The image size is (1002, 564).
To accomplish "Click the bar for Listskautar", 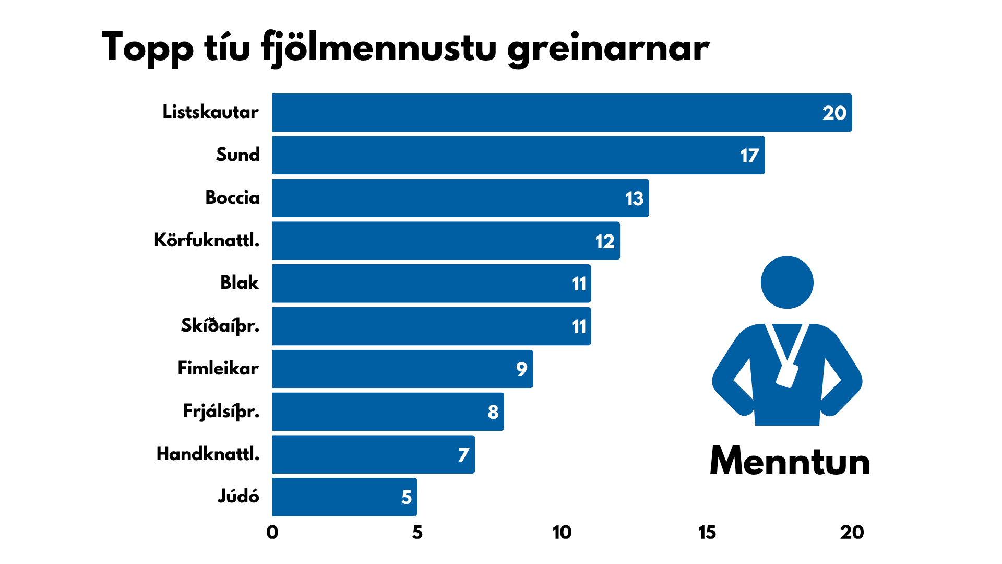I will (562, 113).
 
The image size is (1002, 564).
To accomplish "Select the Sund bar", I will (518, 156).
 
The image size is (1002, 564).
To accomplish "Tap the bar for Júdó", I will (344, 497).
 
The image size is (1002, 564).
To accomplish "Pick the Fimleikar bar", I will (402, 369).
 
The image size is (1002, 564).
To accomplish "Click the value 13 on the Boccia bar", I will (634, 198).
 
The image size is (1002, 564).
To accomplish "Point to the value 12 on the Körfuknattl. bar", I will (605, 241).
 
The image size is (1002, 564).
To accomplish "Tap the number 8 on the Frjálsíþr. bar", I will (493, 412).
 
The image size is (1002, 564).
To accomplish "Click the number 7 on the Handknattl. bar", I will (463, 455).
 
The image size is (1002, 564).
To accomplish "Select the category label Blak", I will (239, 283).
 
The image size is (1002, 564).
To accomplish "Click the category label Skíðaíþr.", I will (220, 325).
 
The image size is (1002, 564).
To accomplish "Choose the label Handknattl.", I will (208, 454).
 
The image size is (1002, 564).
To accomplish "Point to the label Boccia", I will (232, 197).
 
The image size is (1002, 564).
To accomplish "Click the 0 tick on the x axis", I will (272, 533).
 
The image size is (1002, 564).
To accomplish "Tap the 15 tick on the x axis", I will (707, 533).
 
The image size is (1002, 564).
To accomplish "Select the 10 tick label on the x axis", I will (562, 533).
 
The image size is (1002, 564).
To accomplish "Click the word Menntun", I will (790, 462).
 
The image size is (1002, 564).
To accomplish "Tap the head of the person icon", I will (787, 283).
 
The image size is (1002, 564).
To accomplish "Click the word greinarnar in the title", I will (608, 48).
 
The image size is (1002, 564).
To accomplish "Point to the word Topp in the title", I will (148, 48).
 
